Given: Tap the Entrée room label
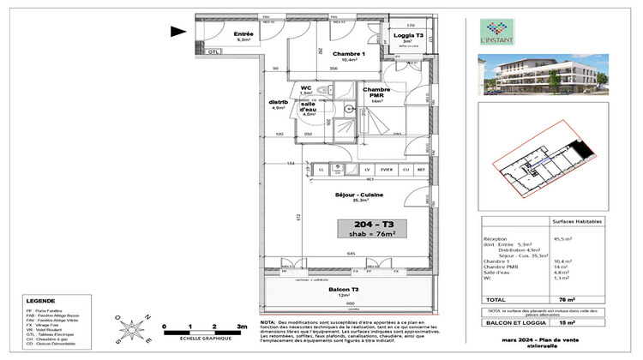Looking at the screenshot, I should pos(243,36).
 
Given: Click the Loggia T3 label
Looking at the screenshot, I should pos(408,36).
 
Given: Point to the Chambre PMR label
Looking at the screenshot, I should pos(376,93).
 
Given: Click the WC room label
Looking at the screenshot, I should pos(306,87).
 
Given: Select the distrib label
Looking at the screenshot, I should pos(278,103).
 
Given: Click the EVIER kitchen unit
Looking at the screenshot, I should pos(387,170).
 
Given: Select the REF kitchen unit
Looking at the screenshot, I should pos(421,170).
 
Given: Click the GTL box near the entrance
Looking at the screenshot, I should pos(213,52).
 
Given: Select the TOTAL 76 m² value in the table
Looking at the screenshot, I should pos(588,299).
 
